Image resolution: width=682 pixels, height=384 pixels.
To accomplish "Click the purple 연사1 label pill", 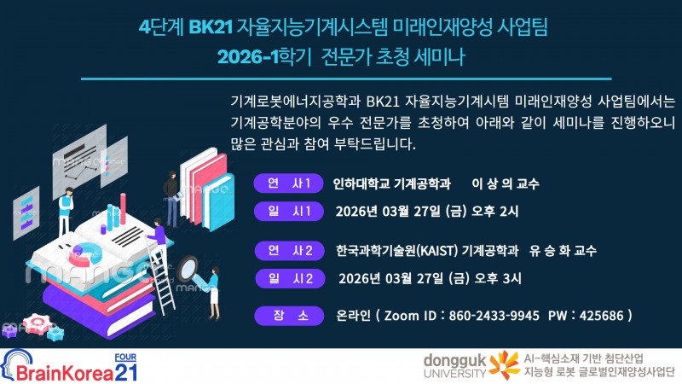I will tap(289, 183).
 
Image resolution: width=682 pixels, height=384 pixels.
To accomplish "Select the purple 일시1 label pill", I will tap(289, 211).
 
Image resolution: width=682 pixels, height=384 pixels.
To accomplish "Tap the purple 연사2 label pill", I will tap(289, 250).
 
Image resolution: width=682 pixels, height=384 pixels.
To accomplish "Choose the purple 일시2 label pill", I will tap(289, 277).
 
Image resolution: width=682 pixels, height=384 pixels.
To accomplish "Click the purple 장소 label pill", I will tap(289, 316).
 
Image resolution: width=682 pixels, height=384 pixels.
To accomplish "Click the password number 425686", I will tap(601, 316).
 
